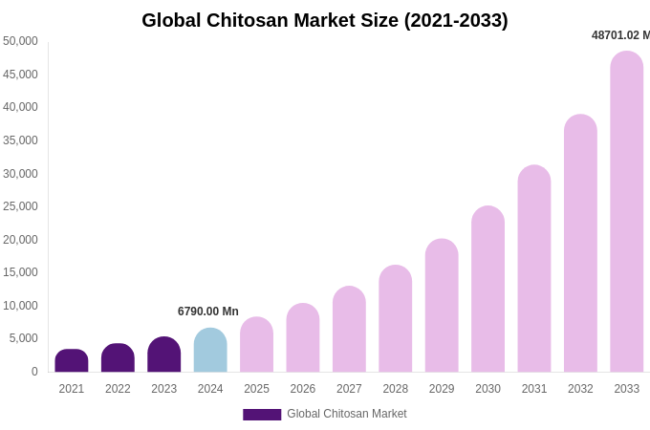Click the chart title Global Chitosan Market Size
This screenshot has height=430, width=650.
pyautogui.click(x=325, y=20)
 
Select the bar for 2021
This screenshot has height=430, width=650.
pyautogui.click(x=72, y=361)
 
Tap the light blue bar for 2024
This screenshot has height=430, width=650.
pyautogui.click(x=210, y=351)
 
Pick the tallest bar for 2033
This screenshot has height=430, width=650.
pyautogui.click(x=627, y=212)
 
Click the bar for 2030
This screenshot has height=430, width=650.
pyautogui.click(x=487, y=290)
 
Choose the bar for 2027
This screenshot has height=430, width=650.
pyautogui.click(x=349, y=330)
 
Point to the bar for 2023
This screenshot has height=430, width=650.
pyautogui.click(x=164, y=355)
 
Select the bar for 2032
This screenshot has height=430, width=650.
pyautogui.click(x=580, y=244)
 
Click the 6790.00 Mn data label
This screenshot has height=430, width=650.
pyautogui.click(x=208, y=312)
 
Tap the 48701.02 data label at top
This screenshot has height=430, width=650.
pyautogui.click(x=620, y=35)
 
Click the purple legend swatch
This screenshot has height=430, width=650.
pyautogui.click(x=262, y=415)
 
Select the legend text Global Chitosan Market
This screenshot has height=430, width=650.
pyautogui.click(x=347, y=414)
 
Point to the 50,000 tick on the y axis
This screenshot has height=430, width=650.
pyautogui.click(x=20, y=41)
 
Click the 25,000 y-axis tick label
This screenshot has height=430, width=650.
pyautogui.click(x=20, y=206)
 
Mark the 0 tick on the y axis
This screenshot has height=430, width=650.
pyautogui.click(x=34, y=372)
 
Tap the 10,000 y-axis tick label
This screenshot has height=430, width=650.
pyautogui.click(x=20, y=306)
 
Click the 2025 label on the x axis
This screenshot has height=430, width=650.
pyautogui.click(x=256, y=389)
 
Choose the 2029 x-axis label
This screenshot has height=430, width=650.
pyautogui.click(x=442, y=389)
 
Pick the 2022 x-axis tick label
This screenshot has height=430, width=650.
pyautogui.click(x=118, y=389)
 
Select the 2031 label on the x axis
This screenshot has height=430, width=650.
pyautogui.click(x=534, y=389)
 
